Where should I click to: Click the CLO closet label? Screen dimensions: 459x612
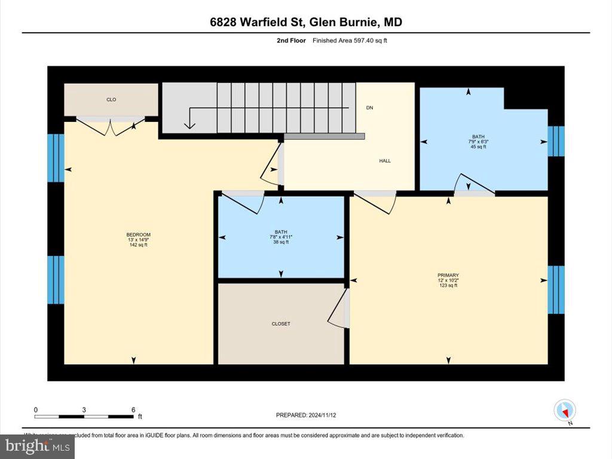[111, 100]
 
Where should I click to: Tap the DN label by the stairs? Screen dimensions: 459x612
[369, 108]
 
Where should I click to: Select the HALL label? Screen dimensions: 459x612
[385, 161]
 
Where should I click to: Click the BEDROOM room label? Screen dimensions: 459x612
[138, 234]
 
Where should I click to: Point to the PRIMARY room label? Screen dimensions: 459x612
[448, 275]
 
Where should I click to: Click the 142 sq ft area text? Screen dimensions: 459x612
[138, 245]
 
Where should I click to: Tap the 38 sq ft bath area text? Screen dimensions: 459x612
[281, 242]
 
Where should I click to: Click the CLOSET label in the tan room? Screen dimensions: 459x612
[281, 324]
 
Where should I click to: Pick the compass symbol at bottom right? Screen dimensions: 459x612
[565, 411]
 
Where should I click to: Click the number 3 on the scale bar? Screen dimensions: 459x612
[84, 409]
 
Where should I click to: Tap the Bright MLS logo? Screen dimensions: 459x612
[37, 446]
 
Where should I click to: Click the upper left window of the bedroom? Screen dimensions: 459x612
[56, 158]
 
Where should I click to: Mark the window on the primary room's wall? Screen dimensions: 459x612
[556, 290]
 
